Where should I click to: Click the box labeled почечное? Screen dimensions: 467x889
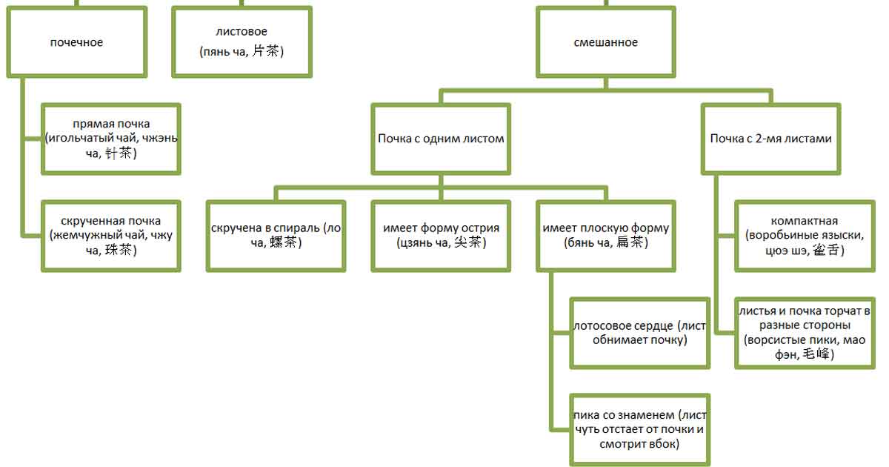click(76, 42)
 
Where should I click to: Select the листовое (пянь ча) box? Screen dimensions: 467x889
click(242, 42)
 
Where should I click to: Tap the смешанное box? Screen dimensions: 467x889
click(605, 42)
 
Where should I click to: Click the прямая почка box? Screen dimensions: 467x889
click(111, 139)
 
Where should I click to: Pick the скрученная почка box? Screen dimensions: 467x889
click(111, 236)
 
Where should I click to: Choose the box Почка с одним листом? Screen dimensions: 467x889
click(441, 139)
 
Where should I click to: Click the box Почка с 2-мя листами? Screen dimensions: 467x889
click(770, 139)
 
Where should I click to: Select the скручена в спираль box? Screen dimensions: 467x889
click(276, 236)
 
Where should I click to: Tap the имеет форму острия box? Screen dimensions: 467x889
click(441, 236)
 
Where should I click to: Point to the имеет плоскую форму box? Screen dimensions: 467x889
click(605, 236)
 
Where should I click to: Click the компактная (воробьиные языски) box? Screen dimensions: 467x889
click(805, 236)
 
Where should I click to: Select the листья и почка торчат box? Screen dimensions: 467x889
click(805, 332)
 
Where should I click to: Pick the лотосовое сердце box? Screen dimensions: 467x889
click(640, 332)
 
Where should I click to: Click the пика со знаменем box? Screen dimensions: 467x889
click(640, 429)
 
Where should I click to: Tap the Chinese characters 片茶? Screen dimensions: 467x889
click(267, 52)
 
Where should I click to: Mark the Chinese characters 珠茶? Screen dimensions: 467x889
click(121, 251)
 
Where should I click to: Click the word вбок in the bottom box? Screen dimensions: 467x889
click(665, 444)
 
